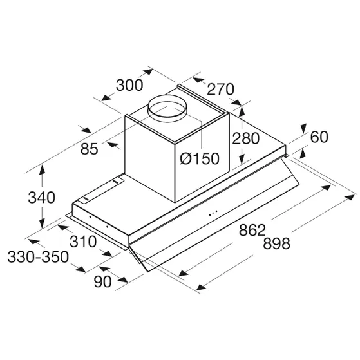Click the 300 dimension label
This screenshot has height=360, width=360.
(x=129, y=86)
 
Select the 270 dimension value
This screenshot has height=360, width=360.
(x=220, y=89)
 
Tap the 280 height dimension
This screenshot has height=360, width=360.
(x=245, y=138)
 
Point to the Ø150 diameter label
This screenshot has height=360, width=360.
(x=200, y=158)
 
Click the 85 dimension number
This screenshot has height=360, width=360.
(x=90, y=149)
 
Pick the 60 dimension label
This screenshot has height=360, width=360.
(x=319, y=137)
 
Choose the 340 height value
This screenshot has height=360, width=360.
(x=42, y=198)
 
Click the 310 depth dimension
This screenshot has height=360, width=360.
(x=83, y=242)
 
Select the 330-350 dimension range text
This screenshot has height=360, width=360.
(x=38, y=257)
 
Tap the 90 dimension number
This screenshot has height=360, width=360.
(x=102, y=281)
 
